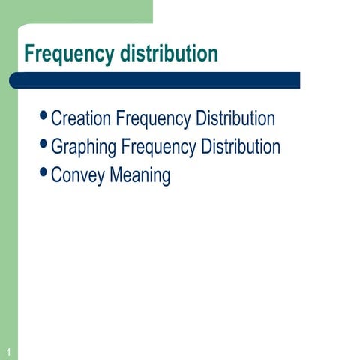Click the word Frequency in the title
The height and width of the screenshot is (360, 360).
[68, 55]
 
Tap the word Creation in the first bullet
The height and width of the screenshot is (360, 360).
[82, 118]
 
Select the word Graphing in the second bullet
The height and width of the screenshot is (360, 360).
[83, 147]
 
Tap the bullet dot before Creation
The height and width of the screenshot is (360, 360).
[43, 115]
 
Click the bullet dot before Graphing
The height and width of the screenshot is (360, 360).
[43, 143]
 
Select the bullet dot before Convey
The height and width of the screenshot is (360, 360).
[43, 172]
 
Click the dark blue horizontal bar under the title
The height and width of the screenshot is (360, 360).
[157, 80]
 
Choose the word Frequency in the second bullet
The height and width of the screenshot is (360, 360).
[159, 147]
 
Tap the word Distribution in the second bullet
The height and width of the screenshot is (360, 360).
[241, 147]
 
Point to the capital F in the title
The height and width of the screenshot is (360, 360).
[29, 54]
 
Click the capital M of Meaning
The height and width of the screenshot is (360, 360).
[117, 176]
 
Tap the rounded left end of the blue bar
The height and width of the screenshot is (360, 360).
[14, 80]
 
